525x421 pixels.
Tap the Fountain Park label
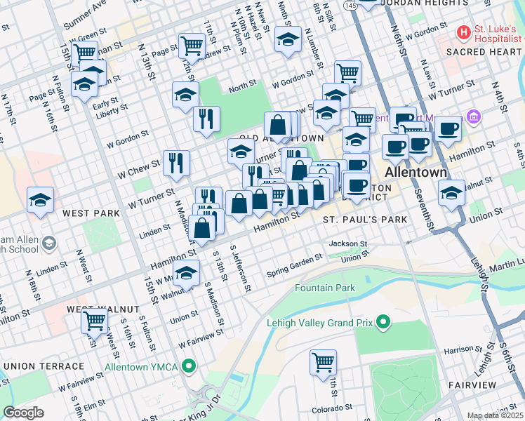coord(324,288)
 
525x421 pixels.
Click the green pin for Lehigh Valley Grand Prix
coord(383,323)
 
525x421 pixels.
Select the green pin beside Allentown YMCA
coord(188,366)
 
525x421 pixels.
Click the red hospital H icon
coord(464,32)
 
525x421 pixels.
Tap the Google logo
coord(23,413)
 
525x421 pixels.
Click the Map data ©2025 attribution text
coord(496,415)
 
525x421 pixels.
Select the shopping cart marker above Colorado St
coord(323,363)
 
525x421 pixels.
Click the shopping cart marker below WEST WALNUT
coord(94,321)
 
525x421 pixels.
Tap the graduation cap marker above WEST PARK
coord(40,199)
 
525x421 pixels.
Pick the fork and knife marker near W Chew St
coord(176,163)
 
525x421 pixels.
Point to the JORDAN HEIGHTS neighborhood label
coord(417,3)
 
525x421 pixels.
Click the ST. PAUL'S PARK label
coord(365,220)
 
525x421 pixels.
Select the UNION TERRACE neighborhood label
coord(44,366)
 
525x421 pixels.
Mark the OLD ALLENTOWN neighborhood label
coord(281,139)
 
